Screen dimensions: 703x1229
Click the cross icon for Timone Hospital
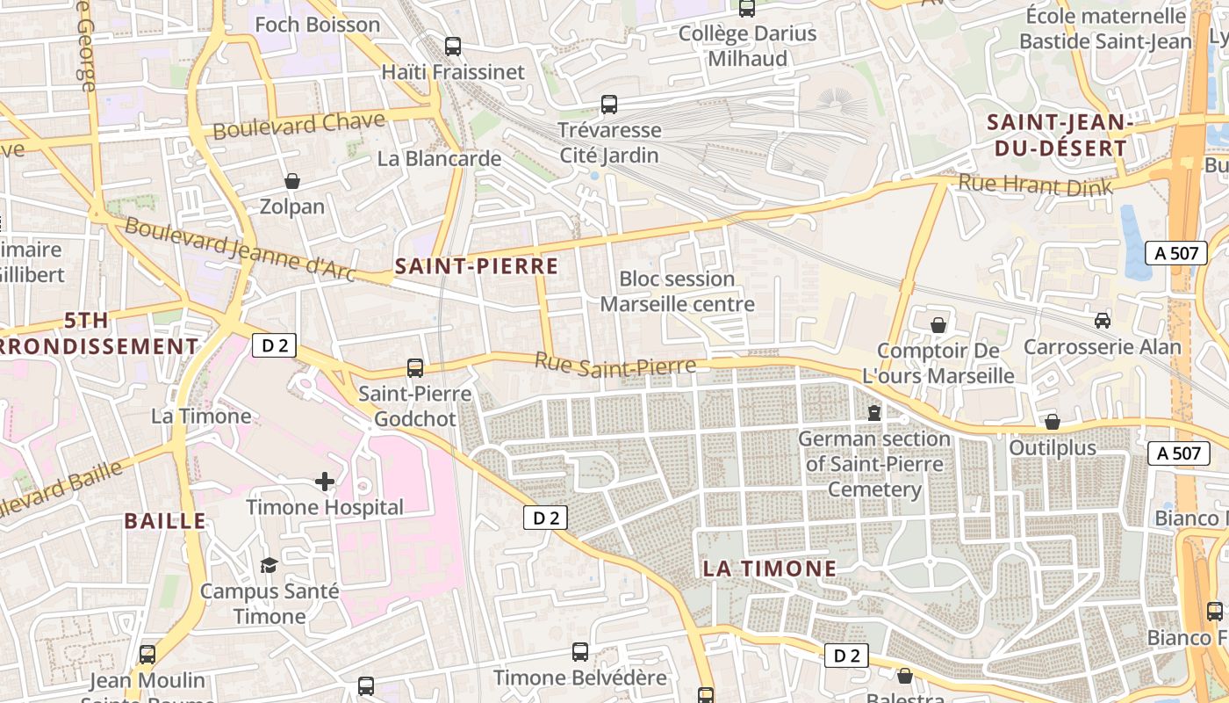(325, 482)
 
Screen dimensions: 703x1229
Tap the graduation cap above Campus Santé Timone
(269, 565)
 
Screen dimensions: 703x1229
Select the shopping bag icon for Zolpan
(292, 181)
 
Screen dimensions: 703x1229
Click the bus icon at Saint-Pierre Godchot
(415, 368)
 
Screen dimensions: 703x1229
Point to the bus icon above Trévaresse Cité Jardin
(609, 105)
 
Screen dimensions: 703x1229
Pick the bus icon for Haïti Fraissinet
(453, 47)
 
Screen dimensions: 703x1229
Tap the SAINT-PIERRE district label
(477, 266)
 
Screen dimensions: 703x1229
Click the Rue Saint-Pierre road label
(615, 365)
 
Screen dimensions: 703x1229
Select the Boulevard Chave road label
(298, 125)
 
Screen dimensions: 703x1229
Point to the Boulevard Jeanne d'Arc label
(239, 250)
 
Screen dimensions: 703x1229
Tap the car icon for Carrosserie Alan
(1103, 321)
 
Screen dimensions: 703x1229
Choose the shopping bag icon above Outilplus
(1053, 422)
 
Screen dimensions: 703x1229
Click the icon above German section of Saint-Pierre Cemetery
(874, 412)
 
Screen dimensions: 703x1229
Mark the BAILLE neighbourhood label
(165, 520)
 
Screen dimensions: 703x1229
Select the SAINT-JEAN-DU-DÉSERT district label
(1057, 135)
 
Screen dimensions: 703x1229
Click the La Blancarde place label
(439, 159)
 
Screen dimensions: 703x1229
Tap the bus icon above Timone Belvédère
(580, 652)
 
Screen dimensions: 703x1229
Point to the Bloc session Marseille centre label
(677, 292)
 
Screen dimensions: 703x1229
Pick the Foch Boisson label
(317, 25)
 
